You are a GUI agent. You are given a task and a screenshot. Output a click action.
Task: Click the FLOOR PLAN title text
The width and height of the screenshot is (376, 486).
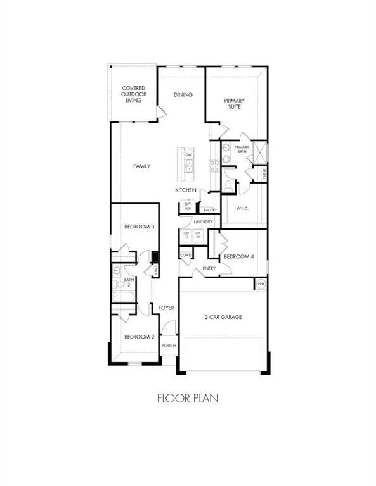click(x=188, y=399)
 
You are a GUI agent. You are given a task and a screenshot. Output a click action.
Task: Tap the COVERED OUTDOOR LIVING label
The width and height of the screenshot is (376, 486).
click(x=133, y=94)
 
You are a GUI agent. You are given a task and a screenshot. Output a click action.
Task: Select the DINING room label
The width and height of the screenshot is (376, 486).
click(x=183, y=95)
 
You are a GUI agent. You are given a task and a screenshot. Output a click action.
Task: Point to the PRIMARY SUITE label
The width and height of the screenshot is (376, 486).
click(x=234, y=104)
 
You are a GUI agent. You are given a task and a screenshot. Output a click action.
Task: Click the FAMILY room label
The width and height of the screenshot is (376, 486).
click(x=141, y=166)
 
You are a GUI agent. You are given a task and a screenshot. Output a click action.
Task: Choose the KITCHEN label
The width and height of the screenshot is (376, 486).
click(x=185, y=190)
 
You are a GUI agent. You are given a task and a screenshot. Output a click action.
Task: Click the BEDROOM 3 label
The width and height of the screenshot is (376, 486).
click(x=139, y=227)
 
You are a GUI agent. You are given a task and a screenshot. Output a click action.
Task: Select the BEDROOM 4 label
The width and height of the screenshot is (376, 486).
click(x=238, y=257)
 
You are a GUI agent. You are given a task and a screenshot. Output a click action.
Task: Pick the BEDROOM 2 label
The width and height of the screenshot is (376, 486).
click(x=139, y=337)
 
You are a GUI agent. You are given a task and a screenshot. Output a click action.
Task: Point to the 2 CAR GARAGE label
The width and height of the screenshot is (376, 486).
click(x=223, y=317)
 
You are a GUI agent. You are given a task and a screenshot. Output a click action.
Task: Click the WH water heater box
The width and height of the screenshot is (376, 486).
click(x=261, y=284)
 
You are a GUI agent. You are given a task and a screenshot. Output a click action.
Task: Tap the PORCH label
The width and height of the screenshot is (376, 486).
click(x=169, y=346)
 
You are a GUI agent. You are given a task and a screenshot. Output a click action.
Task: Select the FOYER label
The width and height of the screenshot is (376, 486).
click(x=166, y=308)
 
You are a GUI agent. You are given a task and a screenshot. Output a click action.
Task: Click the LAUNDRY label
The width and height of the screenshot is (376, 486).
click(x=203, y=221)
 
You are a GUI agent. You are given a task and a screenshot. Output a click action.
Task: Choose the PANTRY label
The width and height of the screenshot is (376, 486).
click(x=211, y=209)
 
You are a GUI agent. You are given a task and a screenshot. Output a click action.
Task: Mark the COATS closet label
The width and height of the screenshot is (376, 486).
click(x=186, y=256)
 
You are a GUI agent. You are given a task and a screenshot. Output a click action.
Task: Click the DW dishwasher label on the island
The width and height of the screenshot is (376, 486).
click(x=188, y=155)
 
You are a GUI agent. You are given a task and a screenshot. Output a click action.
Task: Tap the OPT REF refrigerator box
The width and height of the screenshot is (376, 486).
click(x=188, y=206)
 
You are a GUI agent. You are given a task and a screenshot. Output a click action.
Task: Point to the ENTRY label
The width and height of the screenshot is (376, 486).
click(x=209, y=268)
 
